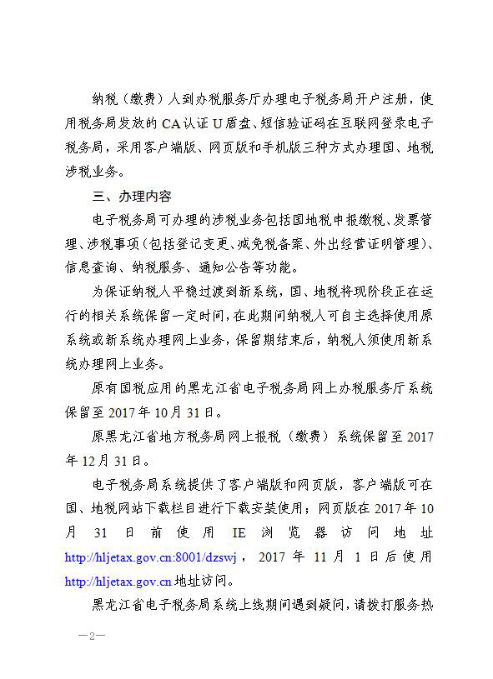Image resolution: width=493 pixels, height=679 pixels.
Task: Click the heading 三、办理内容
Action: click(x=132, y=197)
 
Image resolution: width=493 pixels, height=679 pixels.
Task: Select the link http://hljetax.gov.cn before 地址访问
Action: click(x=118, y=581)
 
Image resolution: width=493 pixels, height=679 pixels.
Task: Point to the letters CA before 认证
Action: click(x=171, y=124)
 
